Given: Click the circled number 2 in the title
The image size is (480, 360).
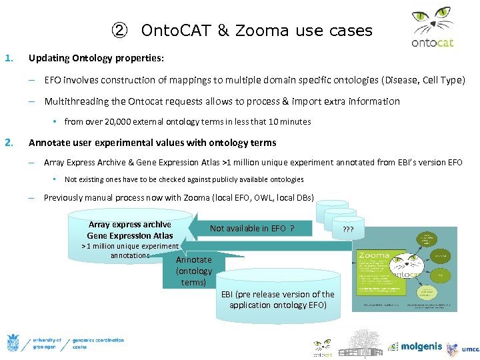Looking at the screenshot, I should click(x=118, y=31).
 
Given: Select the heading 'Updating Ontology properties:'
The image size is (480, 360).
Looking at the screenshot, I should click(x=96, y=58).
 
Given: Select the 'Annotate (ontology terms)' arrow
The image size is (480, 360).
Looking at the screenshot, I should click(x=193, y=271).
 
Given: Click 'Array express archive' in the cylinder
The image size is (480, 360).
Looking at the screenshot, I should click(x=129, y=225).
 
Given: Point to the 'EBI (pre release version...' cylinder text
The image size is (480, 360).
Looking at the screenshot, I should click(x=277, y=299).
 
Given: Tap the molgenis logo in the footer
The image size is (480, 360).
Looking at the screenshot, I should click(x=417, y=346).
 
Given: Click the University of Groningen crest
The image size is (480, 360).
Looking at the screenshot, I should click(x=13, y=343).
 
